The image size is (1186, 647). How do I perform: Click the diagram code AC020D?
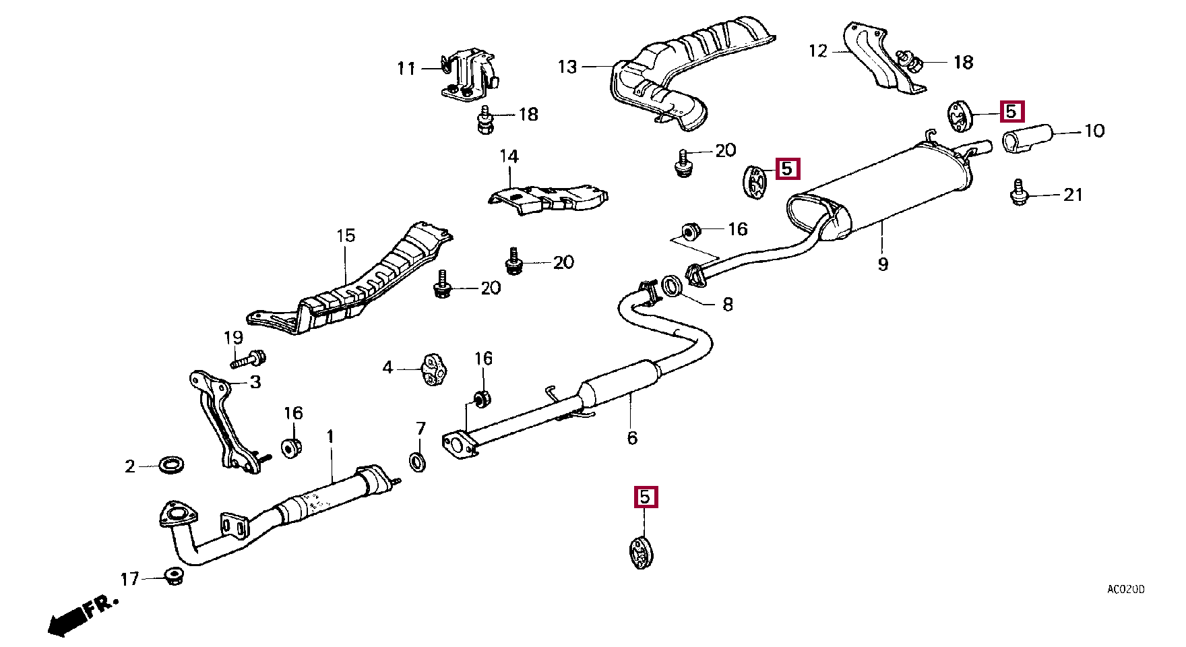[1125, 590]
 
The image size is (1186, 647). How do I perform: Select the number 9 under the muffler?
[883, 264]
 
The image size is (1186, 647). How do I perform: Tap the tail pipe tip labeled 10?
[1027, 139]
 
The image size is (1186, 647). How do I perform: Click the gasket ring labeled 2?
[172, 464]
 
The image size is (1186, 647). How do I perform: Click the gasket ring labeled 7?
[418, 462]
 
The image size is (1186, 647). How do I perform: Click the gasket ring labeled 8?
[672, 286]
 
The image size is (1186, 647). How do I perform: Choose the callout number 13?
[567, 67]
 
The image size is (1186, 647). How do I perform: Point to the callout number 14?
[509, 157]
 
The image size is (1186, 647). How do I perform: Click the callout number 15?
[346, 236]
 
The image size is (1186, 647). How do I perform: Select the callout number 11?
[406, 68]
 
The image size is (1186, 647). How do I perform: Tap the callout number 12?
[817, 51]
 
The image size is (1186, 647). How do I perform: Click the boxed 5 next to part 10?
[1011, 112]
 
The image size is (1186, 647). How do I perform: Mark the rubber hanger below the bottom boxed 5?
[642, 552]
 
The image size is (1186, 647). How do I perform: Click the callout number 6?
[632, 438]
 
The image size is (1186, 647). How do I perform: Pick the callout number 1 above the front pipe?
[330, 437]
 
